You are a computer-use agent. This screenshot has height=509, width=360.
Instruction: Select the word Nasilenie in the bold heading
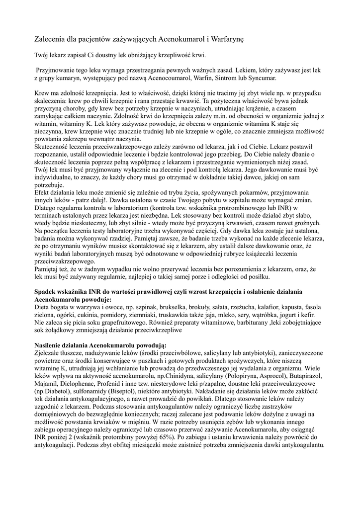(x=51, y=345)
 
